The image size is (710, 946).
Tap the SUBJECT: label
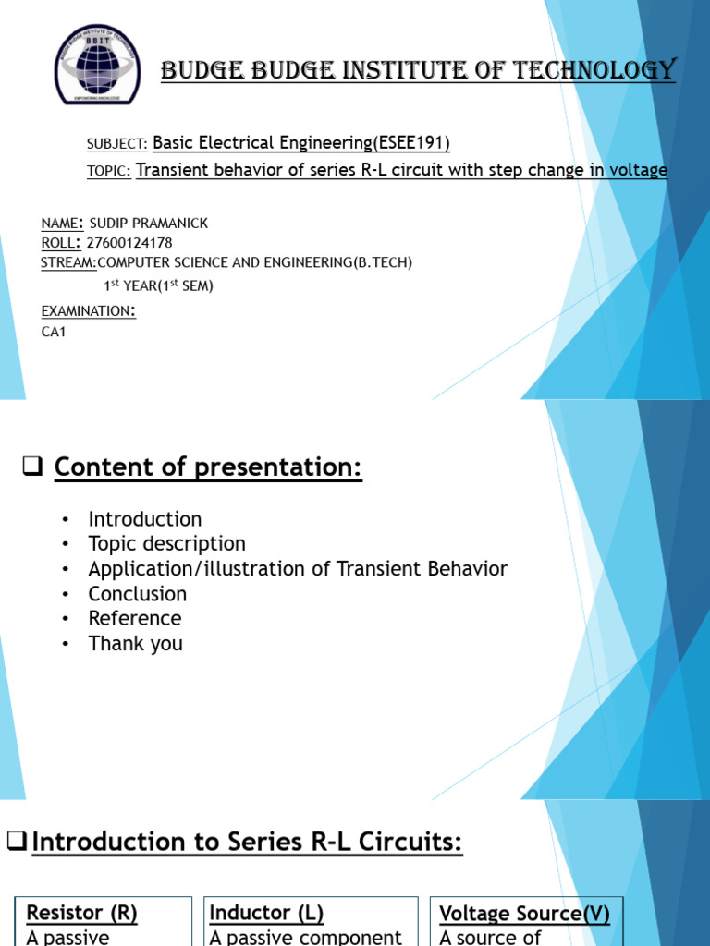(116, 144)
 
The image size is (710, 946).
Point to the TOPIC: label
(108, 171)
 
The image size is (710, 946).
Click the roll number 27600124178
(129, 243)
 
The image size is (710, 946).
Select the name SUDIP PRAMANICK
(149, 224)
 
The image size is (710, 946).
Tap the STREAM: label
(68, 262)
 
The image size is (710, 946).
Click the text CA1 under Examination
(55, 333)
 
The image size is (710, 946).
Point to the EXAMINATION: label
(88, 311)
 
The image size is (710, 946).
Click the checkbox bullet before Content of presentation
(33, 468)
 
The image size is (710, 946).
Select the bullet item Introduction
(144, 519)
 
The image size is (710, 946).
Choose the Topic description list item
(166, 544)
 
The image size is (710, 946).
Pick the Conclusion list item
(137, 594)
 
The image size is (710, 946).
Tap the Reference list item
(134, 619)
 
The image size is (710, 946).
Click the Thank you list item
(135, 644)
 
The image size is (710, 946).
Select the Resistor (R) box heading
(81, 914)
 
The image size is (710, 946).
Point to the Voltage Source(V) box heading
(524, 915)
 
